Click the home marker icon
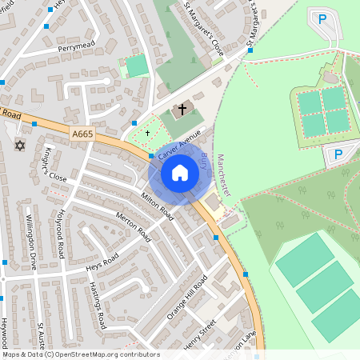coord(180,173)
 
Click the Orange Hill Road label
coord(187,297)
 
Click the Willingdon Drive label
coord(31,242)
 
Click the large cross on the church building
coord(182,109)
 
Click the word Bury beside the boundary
coord(204,164)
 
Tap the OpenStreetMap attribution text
coord(80,354)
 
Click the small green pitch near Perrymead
coord(137,66)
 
